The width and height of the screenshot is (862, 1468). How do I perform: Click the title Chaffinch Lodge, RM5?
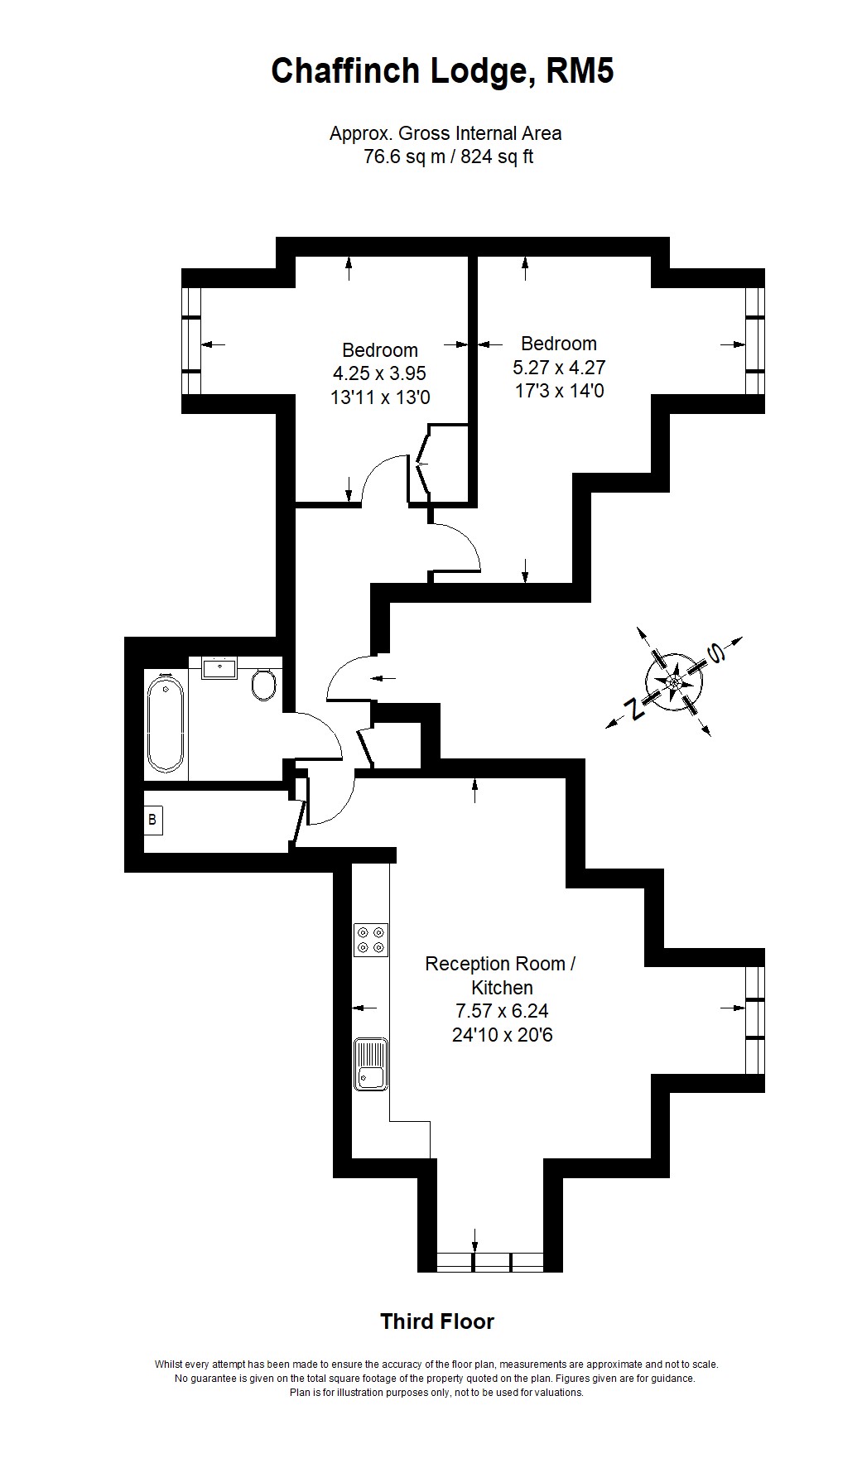pos(442,72)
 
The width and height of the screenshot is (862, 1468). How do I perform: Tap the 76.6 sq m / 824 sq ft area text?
pos(448,156)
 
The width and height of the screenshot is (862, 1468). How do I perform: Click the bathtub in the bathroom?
pos(165,723)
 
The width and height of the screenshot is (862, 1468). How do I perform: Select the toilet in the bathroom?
pos(264,685)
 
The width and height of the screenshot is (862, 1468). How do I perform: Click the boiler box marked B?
pos(152,821)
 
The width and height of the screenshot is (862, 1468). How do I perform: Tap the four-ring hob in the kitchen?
pos(370,940)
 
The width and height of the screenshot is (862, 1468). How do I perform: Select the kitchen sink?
pos(370,1064)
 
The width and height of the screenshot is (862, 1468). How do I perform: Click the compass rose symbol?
pos(674,681)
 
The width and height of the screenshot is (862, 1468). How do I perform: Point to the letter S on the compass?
pos(715,654)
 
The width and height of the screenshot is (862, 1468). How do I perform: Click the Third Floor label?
pos(437,1321)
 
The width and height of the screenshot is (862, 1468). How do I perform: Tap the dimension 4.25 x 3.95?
pos(380,373)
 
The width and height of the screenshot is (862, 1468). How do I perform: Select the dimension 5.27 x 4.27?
pos(559,367)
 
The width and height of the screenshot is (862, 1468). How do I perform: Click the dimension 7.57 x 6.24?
pos(502,1011)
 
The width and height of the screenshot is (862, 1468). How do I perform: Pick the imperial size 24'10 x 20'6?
pos(502,1035)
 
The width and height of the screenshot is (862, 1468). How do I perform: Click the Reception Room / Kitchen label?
pos(501,975)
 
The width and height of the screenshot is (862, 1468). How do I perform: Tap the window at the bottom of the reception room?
pos(489,1262)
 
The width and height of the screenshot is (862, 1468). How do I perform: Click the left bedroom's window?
pos(191,341)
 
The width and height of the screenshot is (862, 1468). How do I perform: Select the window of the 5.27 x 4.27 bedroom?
pos(754,341)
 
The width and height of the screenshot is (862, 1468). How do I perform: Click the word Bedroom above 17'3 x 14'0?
pos(559,344)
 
